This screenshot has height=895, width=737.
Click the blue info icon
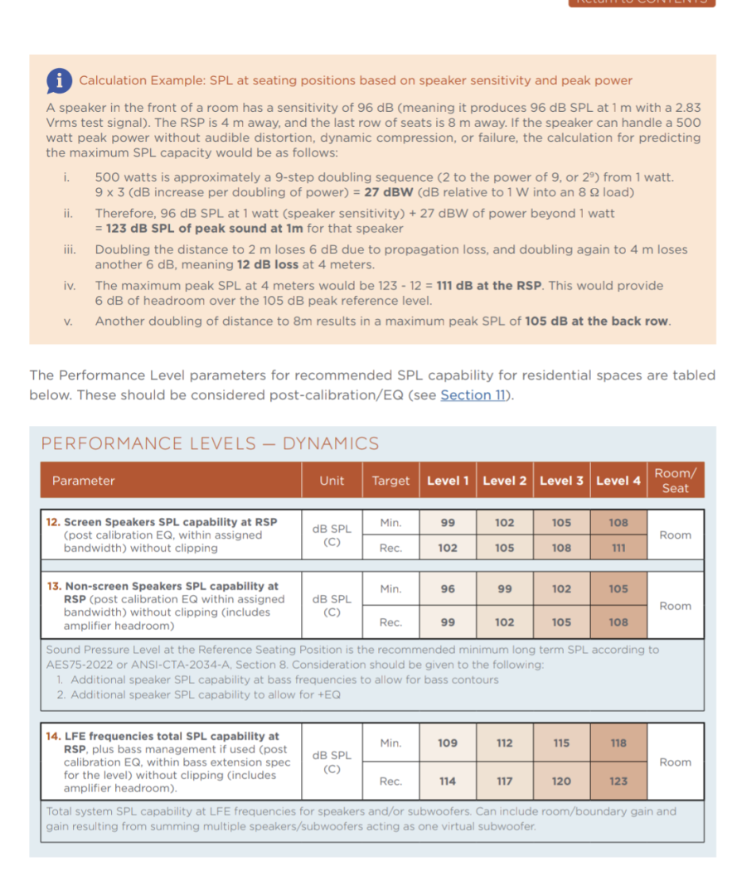pos(58,80)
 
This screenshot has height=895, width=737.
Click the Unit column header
pos(332,481)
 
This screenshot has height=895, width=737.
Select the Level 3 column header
pos(561,481)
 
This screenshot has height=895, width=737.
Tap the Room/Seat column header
pos(675,481)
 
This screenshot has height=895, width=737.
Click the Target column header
pos(390,481)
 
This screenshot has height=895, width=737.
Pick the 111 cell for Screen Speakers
pos(618,548)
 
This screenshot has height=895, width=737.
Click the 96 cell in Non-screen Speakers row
pos(448,589)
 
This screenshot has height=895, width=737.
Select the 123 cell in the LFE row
pos(618,781)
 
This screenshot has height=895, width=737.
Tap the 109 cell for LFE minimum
pos(448,743)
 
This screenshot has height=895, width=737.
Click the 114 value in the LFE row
pos(448,781)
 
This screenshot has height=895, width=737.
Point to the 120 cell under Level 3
pos(561,781)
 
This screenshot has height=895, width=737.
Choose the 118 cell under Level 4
pos(618,743)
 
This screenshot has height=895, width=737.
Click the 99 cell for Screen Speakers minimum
pos(448,523)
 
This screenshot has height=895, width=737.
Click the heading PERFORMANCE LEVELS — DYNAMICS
pos(210,444)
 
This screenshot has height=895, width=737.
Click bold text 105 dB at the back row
pos(597,322)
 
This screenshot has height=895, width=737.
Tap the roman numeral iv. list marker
pos(70,286)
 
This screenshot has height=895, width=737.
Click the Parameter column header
pos(83,481)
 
